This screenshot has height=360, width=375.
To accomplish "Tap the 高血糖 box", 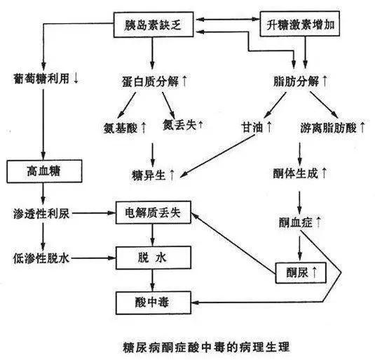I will tap(43, 170).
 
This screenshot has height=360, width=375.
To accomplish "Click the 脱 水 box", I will tap(152, 258).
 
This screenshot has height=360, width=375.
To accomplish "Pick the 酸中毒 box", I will tap(152, 302).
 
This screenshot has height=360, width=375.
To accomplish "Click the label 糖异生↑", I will tap(154, 173).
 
